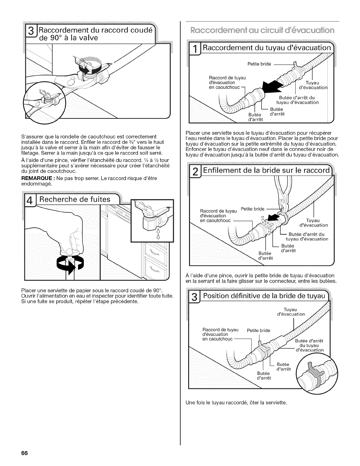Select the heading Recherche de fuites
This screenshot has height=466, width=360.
pyautogui.click(x=75, y=199)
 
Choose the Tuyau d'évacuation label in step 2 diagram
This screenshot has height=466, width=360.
pyautogui.click(x=313, y=223)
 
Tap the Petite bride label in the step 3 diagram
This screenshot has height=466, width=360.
pyautogui.click(x=259, y=330)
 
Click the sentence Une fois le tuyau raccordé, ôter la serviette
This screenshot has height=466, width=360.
pyautogui.click(x=236, y=403)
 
